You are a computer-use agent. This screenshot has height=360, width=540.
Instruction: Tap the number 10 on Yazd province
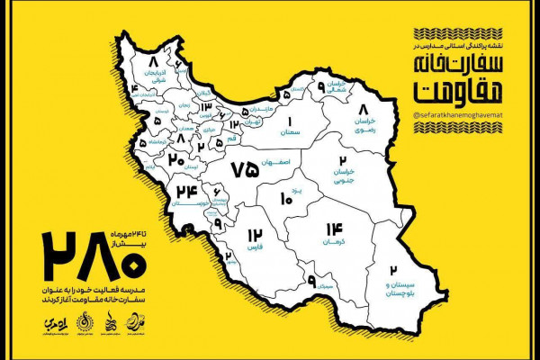coord(286,198)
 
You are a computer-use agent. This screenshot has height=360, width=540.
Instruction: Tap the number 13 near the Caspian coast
coord(206,107)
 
